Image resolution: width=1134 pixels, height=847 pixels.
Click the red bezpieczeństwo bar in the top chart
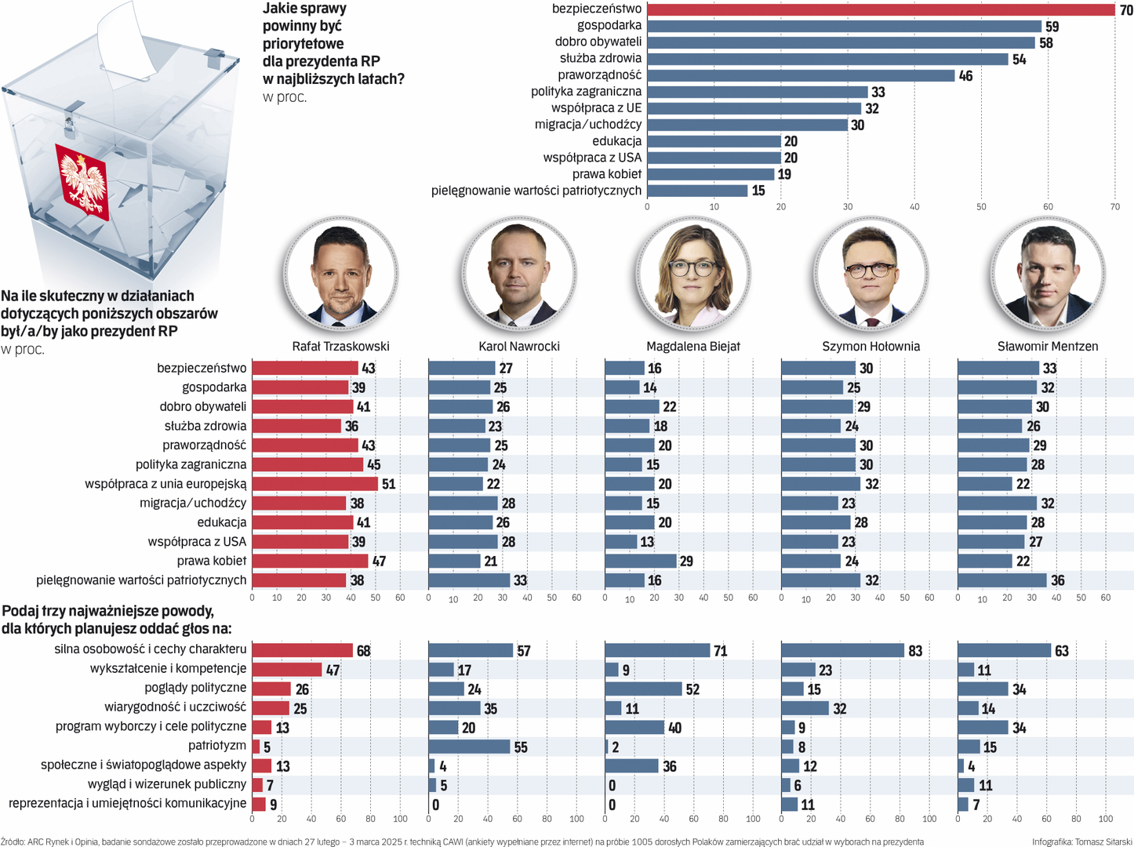point(880,9)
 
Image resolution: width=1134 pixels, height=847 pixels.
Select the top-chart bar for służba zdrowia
point(827,59)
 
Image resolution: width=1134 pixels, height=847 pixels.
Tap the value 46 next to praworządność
point(965,76)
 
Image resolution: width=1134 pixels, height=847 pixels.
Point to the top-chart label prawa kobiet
point(606,174)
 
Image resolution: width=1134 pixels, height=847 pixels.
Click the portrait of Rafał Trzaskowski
point(340,274)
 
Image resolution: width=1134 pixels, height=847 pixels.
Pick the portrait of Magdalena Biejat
point(692,274)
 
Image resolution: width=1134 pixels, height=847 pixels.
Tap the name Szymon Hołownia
point(870,346)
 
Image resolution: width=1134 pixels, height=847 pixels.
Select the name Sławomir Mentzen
point(1047,346)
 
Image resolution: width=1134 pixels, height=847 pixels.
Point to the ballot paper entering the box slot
point(125,43)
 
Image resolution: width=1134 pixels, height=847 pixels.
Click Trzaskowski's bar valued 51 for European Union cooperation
point(314,484)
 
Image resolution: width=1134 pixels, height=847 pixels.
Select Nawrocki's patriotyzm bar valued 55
point(469,747)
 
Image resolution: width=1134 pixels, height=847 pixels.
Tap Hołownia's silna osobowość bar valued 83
point(842,650)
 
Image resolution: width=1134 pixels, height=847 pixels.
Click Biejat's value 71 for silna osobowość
point(720,651)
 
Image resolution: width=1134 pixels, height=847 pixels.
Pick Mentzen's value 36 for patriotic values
point(1057,580)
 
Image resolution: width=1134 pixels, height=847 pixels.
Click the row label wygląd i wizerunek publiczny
point(166,784)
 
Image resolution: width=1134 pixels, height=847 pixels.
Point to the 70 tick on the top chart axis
point(1114,207)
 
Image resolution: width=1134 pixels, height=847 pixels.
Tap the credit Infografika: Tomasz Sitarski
point(1081,842)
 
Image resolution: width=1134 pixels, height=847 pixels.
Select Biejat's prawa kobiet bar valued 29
point(640,561)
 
